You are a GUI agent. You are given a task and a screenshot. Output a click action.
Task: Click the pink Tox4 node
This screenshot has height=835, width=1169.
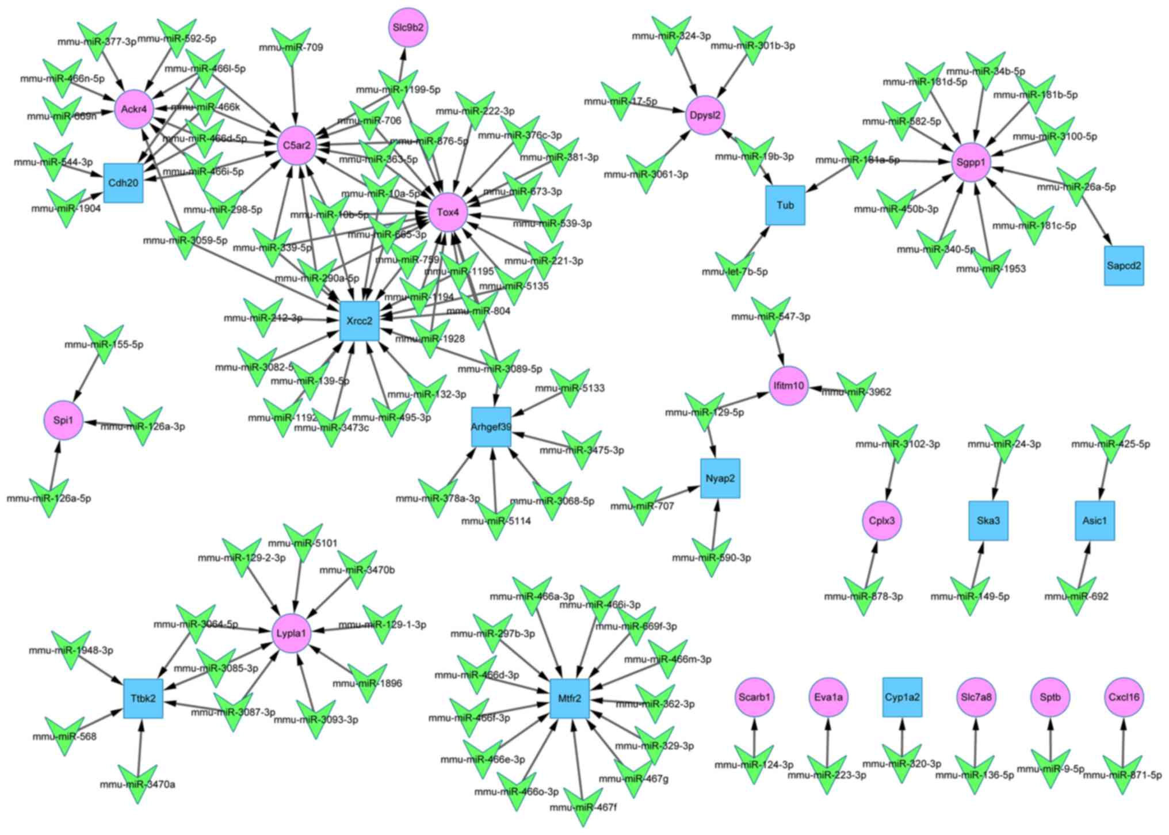coord(448,212)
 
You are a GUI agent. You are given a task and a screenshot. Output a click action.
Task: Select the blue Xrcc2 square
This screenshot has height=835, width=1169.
coord(360,321)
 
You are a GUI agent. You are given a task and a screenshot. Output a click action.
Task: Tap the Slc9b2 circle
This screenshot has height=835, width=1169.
coord(408,27)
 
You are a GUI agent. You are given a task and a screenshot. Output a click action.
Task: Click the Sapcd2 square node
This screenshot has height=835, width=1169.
coord(1124,266)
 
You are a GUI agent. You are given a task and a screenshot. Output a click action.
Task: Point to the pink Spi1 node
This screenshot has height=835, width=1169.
coord(63,420)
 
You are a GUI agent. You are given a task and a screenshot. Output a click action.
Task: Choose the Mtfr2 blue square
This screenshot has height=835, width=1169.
coord(570,699)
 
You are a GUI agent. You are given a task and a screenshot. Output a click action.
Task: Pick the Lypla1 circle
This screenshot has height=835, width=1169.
coord(292,634)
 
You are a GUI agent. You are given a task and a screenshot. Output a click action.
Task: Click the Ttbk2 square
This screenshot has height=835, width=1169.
coord(143,699)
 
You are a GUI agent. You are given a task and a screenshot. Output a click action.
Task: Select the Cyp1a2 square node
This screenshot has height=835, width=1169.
coord(902,697)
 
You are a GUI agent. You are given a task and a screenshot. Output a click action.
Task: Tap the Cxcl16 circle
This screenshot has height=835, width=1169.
coord(1124,697)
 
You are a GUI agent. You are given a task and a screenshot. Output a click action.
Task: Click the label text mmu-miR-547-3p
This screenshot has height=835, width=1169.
coord(770,317)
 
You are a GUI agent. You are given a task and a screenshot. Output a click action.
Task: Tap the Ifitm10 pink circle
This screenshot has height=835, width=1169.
coord(789,386)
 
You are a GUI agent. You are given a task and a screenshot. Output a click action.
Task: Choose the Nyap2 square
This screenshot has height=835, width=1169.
coord(720,478)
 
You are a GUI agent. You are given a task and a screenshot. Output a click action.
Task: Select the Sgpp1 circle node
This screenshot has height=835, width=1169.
coord(971,162)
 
